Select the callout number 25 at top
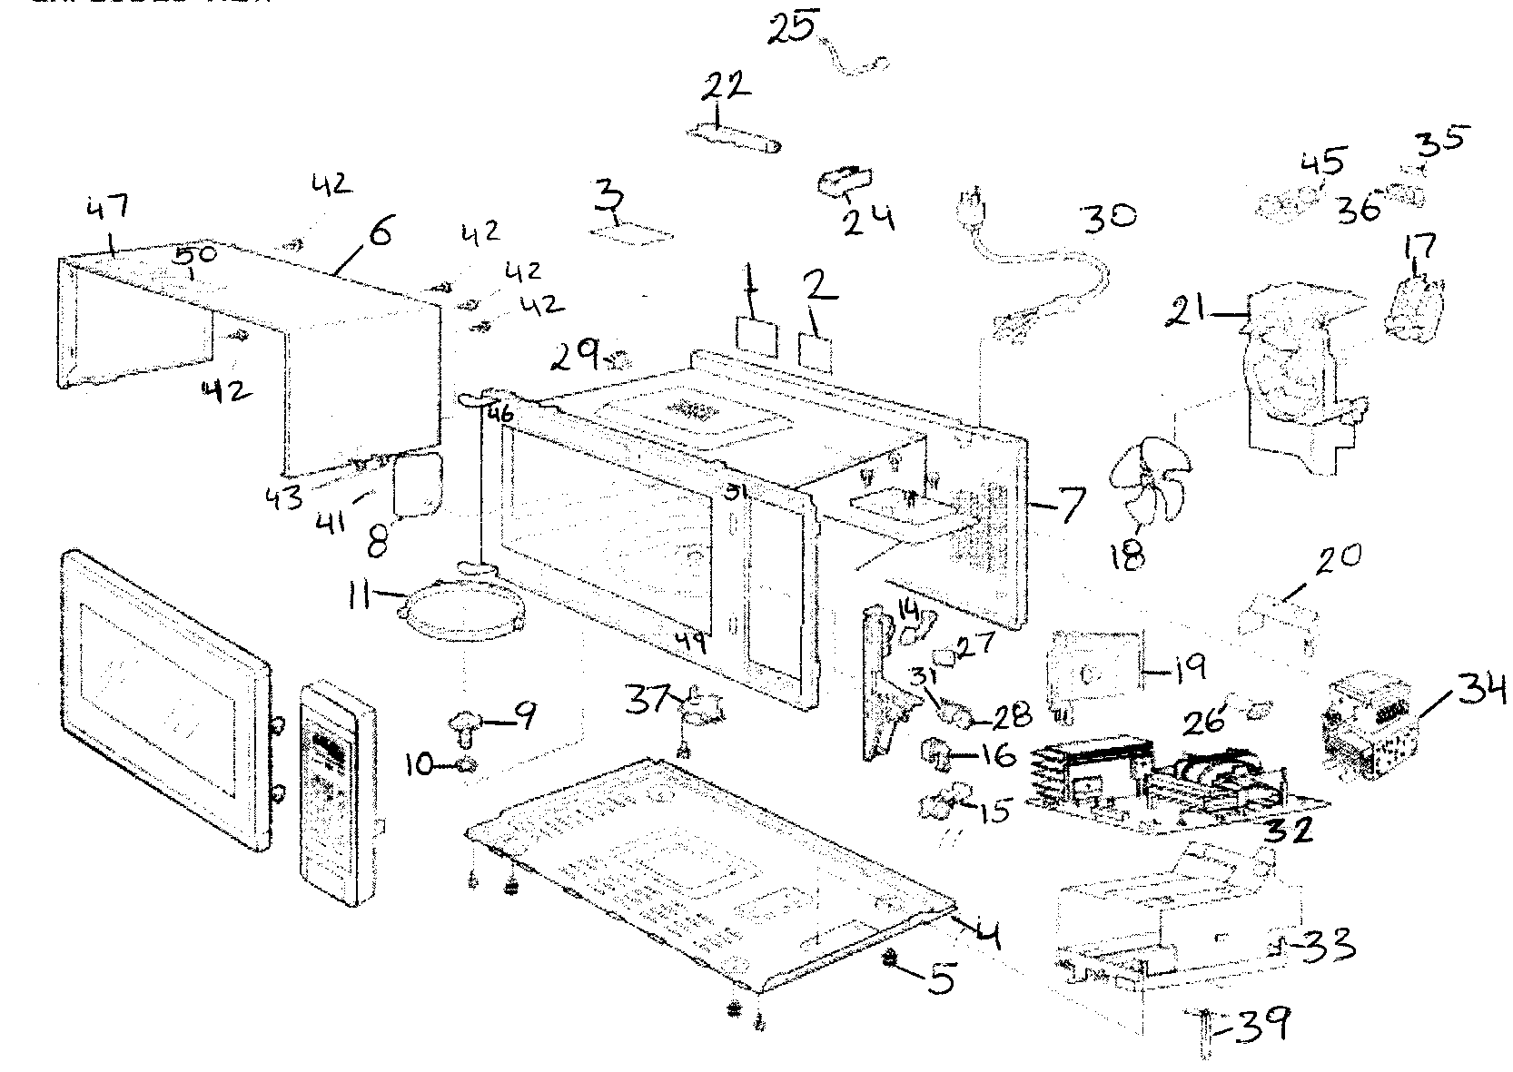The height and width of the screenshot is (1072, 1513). coord(792,28)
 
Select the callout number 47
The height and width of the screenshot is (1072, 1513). coord(108,211)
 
